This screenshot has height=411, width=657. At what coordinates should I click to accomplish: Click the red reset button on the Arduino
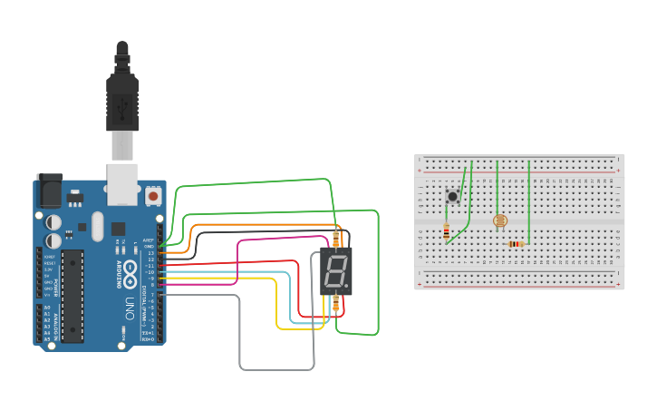[x=153, y=195]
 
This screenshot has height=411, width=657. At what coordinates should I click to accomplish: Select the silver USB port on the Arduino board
[x=122, y=181]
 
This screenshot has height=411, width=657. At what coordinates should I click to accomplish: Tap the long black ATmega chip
[x=73, y=294]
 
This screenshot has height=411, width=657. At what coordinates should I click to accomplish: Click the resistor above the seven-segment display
[x=337, y=239]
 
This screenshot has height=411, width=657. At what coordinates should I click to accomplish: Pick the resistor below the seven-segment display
[x=336, y=303]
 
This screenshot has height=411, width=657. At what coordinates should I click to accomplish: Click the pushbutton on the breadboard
[x=451, y=196]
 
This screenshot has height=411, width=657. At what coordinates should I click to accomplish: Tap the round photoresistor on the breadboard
[x=498, y=220]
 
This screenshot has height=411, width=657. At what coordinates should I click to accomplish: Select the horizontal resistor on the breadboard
[x=516, y=243]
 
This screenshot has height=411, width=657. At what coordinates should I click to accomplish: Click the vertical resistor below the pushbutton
[x=447, y=232]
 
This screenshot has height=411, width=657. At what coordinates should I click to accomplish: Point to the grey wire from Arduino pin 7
[x=241, y=345]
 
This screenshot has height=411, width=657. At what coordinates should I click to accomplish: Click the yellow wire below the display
[x=276, y=308]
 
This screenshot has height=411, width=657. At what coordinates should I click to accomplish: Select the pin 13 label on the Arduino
[x=151, y=251]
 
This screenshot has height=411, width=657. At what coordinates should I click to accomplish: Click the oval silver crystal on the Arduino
[x=95, y=224]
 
